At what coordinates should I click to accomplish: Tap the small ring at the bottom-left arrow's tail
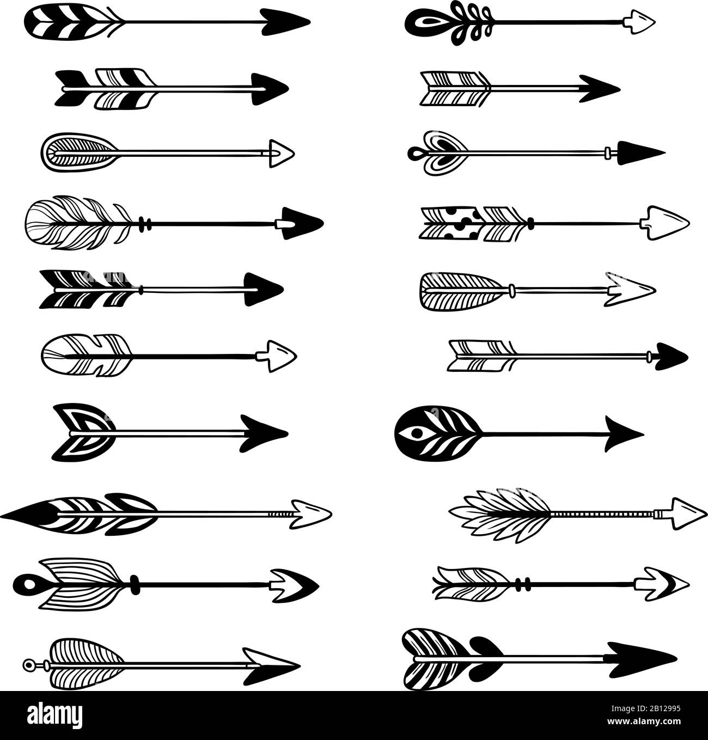28,664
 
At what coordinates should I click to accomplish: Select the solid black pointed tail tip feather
27,512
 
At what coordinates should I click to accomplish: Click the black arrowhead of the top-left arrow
285,22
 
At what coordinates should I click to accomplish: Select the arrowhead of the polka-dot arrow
668,223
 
